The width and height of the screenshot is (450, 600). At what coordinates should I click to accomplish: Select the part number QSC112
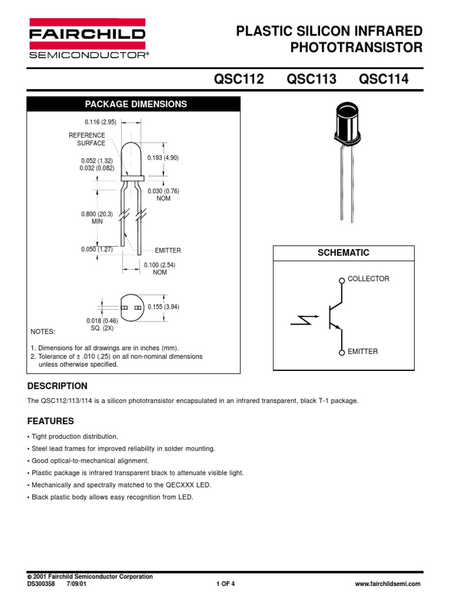pos(240,79)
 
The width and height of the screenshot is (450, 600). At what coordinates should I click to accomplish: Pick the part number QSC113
pos(312,79)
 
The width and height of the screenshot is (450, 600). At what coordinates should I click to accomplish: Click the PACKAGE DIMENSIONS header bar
pos(136,104)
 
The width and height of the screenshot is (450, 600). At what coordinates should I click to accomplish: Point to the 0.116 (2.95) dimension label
pos(101,122)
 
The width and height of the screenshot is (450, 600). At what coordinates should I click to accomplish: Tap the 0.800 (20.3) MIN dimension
pos(97,218)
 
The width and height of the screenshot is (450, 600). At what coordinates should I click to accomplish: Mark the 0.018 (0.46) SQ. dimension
pos(102,324)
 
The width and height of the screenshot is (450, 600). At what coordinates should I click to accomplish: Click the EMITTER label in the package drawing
pos(168,250)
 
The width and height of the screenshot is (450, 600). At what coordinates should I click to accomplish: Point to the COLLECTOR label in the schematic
pos(369,278)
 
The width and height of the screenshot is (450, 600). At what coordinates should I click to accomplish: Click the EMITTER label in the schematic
pos(363,352)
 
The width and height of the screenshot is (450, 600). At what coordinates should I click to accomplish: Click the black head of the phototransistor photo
pos(346,124)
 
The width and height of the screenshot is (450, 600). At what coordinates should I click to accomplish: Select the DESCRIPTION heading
pos(57,386)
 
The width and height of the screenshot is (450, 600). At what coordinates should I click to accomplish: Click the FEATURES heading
pos(50,421)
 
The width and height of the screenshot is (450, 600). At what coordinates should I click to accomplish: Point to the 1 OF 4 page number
pos(226,584)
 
